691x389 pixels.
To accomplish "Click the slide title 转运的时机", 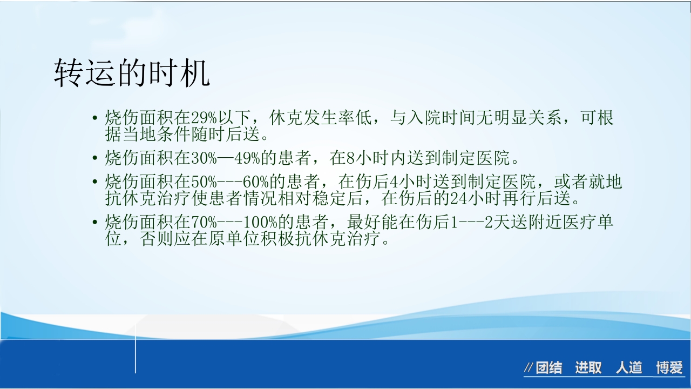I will point(132,74).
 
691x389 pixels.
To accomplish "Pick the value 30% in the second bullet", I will point(204,158).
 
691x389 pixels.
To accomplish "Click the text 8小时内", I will point(372,158).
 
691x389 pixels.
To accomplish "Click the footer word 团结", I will point(548,368).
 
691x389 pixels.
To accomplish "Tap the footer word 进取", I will point(588,368).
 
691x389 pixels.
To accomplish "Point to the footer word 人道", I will point(629,368).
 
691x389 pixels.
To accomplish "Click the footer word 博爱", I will point(669,368).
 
